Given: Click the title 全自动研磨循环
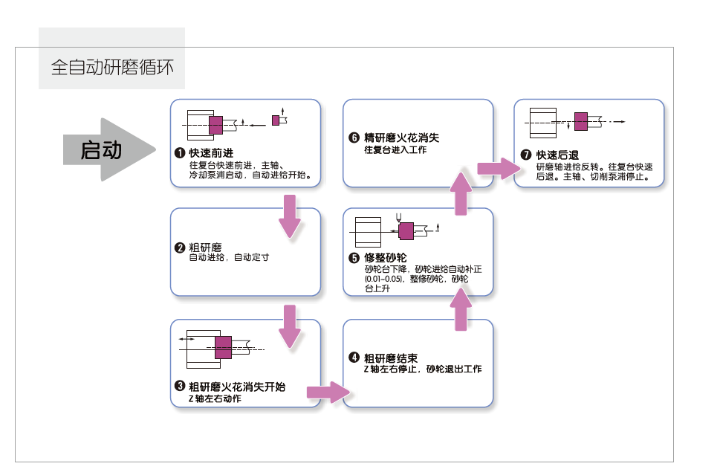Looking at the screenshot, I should point(112,68).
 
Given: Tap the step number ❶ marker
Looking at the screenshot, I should point(179,153).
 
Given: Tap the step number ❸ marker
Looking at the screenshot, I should point(179,387).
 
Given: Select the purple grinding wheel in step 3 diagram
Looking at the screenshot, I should point(223,347).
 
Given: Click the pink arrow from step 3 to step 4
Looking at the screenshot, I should point(328,392).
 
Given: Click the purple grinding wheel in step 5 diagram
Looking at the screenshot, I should point(406,230).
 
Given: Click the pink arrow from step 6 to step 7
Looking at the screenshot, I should point(497,168).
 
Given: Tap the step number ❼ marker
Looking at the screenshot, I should point(526,155).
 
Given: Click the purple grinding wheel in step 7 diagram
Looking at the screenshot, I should point(581,120).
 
